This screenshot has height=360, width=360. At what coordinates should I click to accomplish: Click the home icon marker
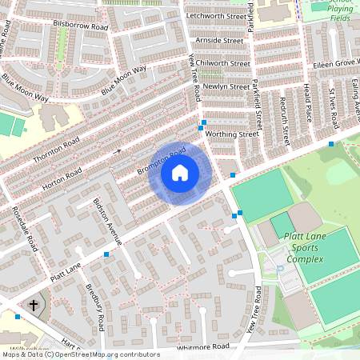(x=179, y=173)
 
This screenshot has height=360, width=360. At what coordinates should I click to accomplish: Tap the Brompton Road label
(x=161, y=160)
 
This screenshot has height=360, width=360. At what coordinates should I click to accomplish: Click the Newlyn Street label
(x=226, y=86)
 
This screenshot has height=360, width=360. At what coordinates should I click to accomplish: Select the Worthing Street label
(x=231, y=134)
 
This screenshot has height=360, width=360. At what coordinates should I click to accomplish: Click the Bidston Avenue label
(x=107, y=220)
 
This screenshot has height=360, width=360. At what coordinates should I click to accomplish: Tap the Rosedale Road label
(x=25, y=228)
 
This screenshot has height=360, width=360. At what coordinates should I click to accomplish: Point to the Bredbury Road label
(x=95, y=307)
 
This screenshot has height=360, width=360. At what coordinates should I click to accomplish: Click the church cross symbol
(x=34, y=305)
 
